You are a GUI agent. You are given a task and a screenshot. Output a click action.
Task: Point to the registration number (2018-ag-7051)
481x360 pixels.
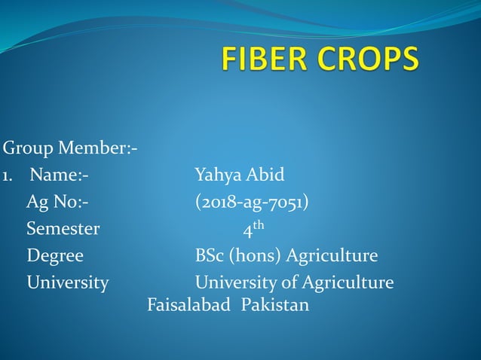(x=251, y=203)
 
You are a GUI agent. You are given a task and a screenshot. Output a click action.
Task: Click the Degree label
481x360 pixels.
(x=55, y=256)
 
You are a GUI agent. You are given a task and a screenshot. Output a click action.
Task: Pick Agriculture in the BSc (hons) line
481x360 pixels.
(x=333, y=256)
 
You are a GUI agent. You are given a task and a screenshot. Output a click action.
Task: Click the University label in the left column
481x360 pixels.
(x=68, y=282)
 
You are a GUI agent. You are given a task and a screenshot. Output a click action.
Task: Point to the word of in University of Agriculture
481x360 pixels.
(x=291, y=282)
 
